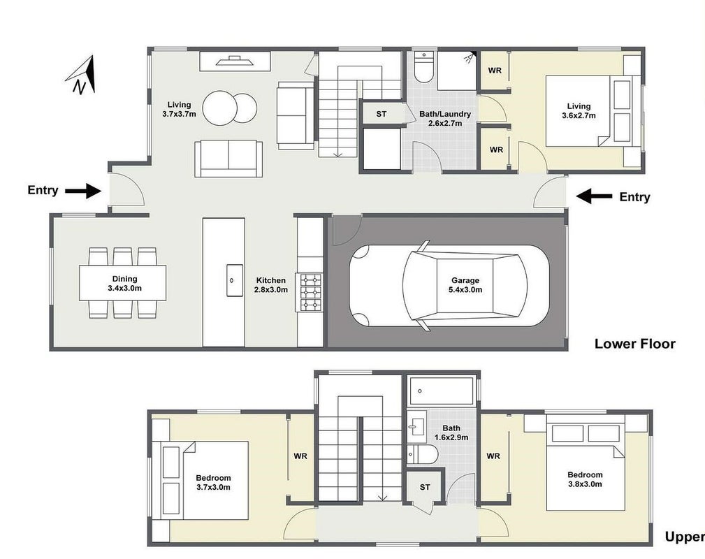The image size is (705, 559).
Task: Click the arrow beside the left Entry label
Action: pyautogui.click(x=83, y=191)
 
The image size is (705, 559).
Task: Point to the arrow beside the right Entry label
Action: pyautogui.click(x=594, y=196)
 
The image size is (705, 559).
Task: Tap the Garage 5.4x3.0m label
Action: pyautogui.click(x=465, y=285)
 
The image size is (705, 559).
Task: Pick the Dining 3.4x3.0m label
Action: pyautogui.click(x=124, y=283)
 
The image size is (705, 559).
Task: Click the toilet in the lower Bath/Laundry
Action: pyautogui.click(x=423, y=67)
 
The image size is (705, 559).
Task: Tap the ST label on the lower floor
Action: pyautogui.click(x=381, y=114)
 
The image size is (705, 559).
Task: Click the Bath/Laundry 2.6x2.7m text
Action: pyautogui.click(x=445, y=118)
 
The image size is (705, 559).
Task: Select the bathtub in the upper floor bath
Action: pyautogui.click(x=442, y=391)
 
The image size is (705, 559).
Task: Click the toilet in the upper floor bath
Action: pyautogui.click(x=422, y=455)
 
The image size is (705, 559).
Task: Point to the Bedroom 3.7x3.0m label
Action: pyautogui.click(x=213, y=482)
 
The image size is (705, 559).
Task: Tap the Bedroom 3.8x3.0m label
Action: pyautogui.click(x=585, y=479)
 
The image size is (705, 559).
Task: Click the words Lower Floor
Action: pyautogui.click(x=635, y=344)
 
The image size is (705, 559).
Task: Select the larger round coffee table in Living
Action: pyautogui.click(x=219, y=108)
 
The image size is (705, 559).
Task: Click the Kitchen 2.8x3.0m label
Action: pyautogui.click(x=270, y=285)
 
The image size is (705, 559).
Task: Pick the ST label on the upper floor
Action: pyautogui.click(x=425, y=487)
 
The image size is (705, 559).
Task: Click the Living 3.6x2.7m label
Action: pyautogui.click(x=579, y=110)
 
